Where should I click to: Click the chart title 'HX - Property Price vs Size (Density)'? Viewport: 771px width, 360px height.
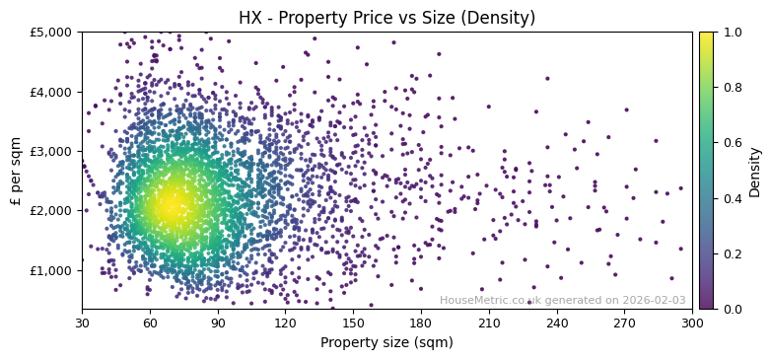(x=387, y=18)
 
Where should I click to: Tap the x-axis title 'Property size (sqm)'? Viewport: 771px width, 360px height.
(x=387, y=343)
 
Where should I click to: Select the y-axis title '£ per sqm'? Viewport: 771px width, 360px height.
(x=16, y=171)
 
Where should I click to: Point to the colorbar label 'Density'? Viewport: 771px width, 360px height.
(x=755, y=171)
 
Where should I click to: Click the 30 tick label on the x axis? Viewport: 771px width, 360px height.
(x=82, y=323)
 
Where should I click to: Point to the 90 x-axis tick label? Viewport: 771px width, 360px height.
(x=218, y=323)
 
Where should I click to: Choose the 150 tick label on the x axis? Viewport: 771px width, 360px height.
(x=353, y=323)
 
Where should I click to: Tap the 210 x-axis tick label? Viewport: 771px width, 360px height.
(x=489, y=323)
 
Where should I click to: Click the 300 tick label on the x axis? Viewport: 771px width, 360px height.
(x=692, y=323)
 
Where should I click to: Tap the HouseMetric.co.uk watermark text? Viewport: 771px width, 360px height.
(x=562, y=300)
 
